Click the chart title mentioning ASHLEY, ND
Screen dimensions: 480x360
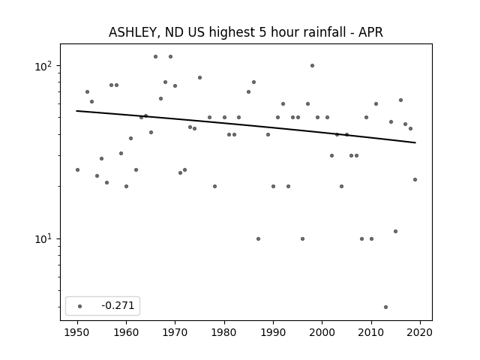point(245,32)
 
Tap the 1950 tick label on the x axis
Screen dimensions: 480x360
point(77,332)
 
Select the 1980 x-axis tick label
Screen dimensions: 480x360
point(224,332)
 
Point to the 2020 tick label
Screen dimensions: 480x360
point(420,332)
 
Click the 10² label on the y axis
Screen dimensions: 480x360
point(44,66)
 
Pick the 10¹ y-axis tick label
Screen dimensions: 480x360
point(44,238)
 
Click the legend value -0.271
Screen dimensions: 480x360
point(118,305)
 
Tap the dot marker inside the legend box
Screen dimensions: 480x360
point(80,306)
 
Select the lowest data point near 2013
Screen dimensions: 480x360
point(385,307)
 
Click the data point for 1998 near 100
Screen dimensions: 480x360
point(312,65)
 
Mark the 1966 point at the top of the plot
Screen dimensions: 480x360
point(155,57)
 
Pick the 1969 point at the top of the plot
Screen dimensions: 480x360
point(170,57)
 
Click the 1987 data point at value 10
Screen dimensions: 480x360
point(258,238)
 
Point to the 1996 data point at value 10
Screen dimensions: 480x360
point(302,238)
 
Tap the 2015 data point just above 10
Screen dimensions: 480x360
point(395,232)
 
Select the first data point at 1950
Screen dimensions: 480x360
point(77,170)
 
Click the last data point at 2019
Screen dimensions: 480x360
point(415,180)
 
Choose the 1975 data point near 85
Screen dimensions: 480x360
point(200,78)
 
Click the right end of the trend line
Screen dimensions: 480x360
point(415,142)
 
